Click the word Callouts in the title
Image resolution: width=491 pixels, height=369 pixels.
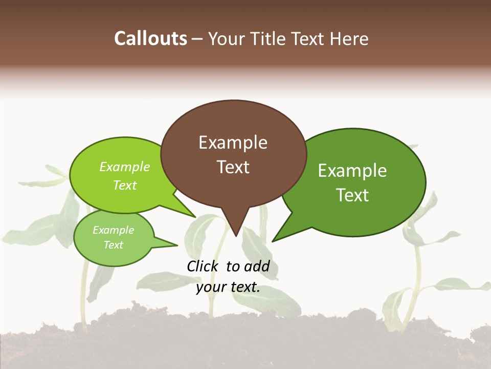150,38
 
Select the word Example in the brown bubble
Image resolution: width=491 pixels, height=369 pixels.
233,142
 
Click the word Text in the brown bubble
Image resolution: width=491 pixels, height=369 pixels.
233,167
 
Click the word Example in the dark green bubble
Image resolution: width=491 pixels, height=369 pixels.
352,171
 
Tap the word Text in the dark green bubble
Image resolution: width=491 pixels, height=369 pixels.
352,195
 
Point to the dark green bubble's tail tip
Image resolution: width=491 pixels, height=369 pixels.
273,241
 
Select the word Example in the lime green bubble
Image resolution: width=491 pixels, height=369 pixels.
124,167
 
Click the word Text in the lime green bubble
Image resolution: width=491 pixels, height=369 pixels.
124,186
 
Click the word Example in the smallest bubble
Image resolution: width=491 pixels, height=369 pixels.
113,230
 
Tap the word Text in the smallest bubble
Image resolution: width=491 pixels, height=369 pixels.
113,245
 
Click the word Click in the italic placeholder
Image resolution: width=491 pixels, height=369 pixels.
203,266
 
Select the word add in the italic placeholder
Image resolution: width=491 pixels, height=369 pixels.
257,266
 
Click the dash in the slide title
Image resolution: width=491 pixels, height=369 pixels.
198,38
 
